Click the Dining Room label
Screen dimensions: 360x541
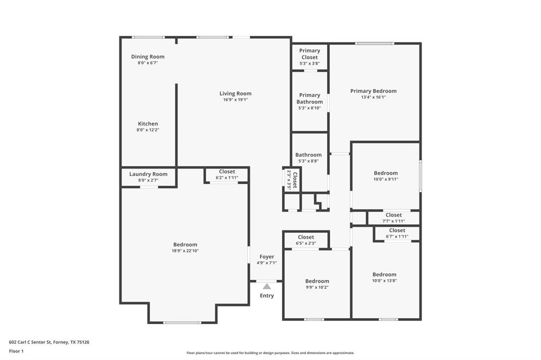(147, 56)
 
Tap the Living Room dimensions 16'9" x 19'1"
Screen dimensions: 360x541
(235, 99)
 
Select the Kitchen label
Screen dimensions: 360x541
(148, 124)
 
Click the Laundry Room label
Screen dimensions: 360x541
(148, 174)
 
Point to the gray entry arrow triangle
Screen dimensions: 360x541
(267, 286)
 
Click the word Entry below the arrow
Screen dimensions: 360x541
(267, 296)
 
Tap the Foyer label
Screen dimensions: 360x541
(267, 257)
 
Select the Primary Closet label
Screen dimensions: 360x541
(310, 54)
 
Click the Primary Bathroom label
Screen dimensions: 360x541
(310, 99)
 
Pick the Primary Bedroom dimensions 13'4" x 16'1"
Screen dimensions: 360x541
(373, 97)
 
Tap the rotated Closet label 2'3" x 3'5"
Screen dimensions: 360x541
(292, 179)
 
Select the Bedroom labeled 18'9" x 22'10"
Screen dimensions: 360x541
(185, 244)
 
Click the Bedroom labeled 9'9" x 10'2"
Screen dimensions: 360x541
(317, 281)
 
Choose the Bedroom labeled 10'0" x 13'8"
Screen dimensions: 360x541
(384, 274)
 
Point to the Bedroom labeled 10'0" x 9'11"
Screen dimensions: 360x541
(386, 173)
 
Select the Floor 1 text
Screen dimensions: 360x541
(16, 351)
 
